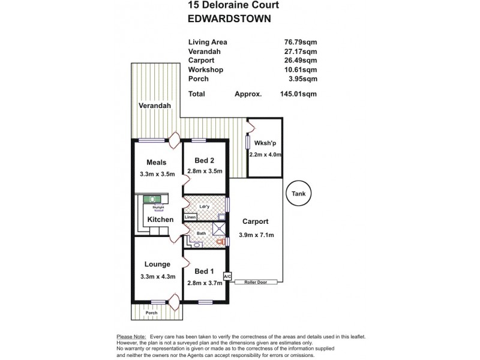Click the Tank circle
[x=298, y=194]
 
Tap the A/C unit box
[x=227, y=277]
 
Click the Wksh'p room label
[x=265, y=143]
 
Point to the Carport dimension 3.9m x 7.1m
[x=256, y=235]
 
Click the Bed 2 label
[x=205, y=160]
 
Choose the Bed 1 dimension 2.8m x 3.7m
[x=205, y=283]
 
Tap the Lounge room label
[x=157, y=263]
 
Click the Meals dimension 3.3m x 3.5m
[x=157, y=175]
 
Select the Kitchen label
[x=160, y=220]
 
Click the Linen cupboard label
[x=190, y=217]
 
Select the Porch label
[x=152, y=312]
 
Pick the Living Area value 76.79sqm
[x=302, y=43]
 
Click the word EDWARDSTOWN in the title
[x=229, y=19]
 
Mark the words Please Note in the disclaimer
[x=131, y=337]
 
